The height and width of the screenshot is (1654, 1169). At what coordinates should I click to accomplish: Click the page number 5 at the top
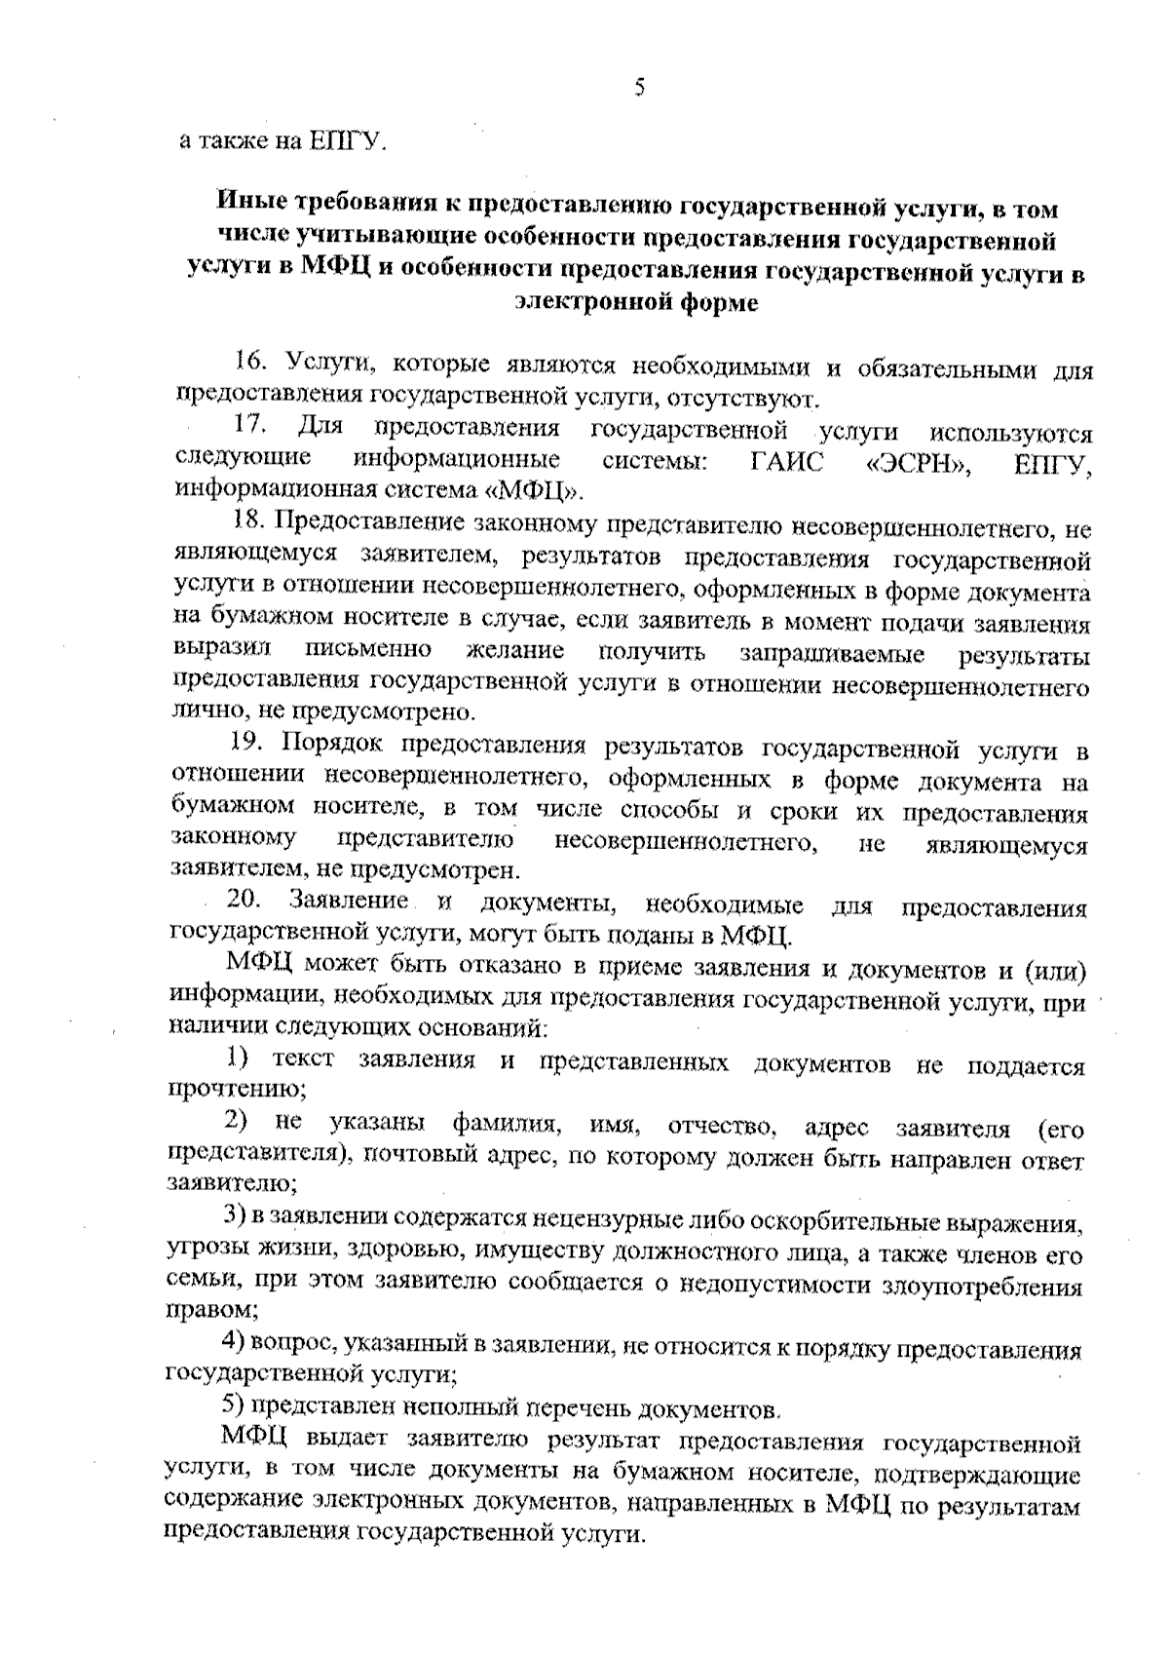(640, 89)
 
